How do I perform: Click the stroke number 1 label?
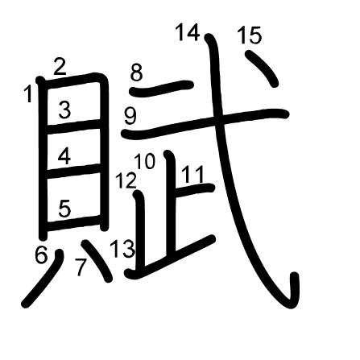(28, 93)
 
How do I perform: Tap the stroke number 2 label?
(60, 67)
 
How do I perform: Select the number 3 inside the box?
(64, 110)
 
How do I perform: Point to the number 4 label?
(64, 156)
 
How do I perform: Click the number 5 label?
(64, 209)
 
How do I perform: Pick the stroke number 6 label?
(41, 254)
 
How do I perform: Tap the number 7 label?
(81, 267)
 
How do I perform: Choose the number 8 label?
(137, 72)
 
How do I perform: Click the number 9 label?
(130, 116)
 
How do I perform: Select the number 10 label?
(145, 161)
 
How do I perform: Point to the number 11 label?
(193, 174)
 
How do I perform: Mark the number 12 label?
(126, 180)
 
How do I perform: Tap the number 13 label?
(122, 249)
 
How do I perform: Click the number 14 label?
(188, 32)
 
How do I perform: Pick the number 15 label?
(250, 35)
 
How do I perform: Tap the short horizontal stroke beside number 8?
(162, 88)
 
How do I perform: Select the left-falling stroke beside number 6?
(43, 279)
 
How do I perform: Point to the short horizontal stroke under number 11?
(194, 190)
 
